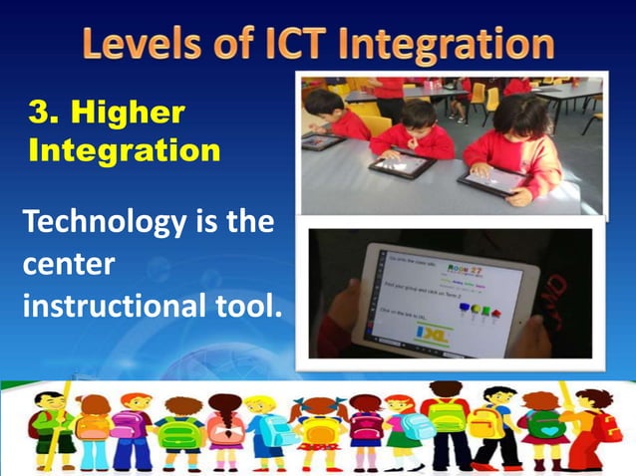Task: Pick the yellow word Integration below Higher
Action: [125, 151]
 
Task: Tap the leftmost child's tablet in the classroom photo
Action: [323, 141]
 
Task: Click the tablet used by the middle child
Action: [401, 162]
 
